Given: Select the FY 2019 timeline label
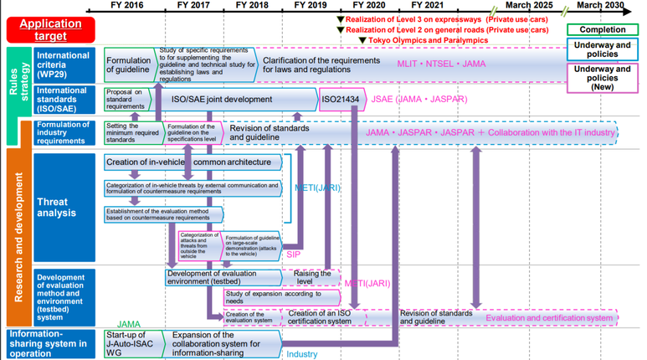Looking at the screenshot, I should pyautogui.click(x=311, y=5).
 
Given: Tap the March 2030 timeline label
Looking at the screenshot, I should pyautogui.click(x=599, y=5).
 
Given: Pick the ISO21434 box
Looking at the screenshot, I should pyautogui.click(x=341, y=99).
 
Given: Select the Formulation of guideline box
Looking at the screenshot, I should pyautogui.click(x=129, y=64).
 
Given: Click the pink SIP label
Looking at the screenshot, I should pyautogui.click(x=293, y=253).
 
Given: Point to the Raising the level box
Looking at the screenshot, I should pyautogui.click(x=314, y=277).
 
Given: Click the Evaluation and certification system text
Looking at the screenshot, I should pyautogui.click(x=549, y=317).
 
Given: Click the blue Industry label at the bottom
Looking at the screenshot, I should pyautogui.click(x=302, y=353).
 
